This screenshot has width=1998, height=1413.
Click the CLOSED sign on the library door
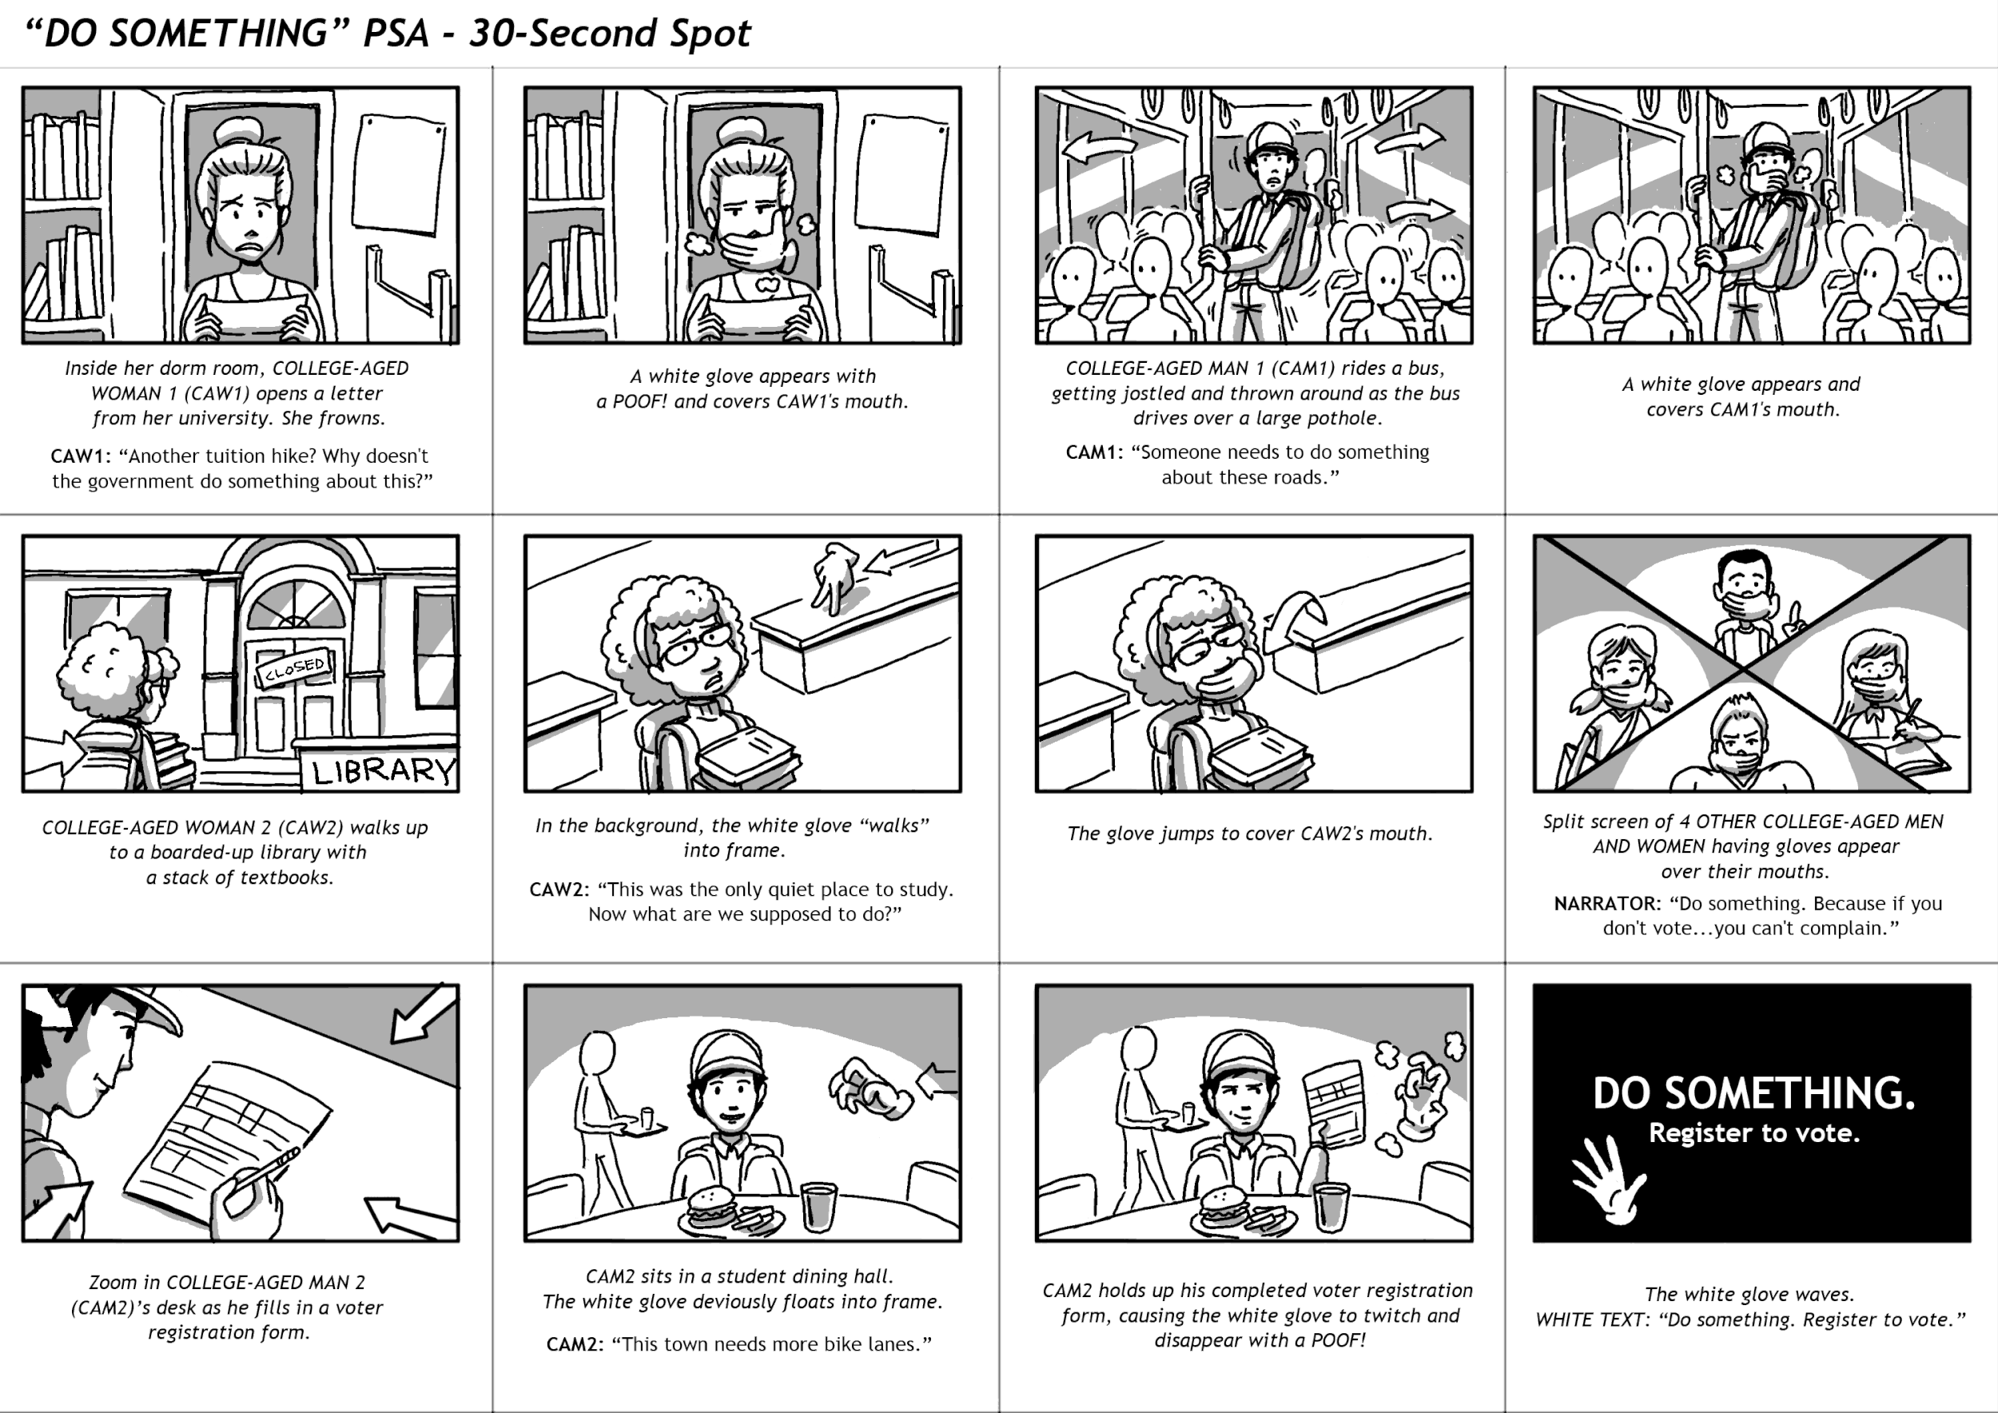[294, 667]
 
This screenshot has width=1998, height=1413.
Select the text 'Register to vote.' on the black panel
[1753, 1132]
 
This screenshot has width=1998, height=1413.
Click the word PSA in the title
[396, 33]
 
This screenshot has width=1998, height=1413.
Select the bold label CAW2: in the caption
[559, 890]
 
